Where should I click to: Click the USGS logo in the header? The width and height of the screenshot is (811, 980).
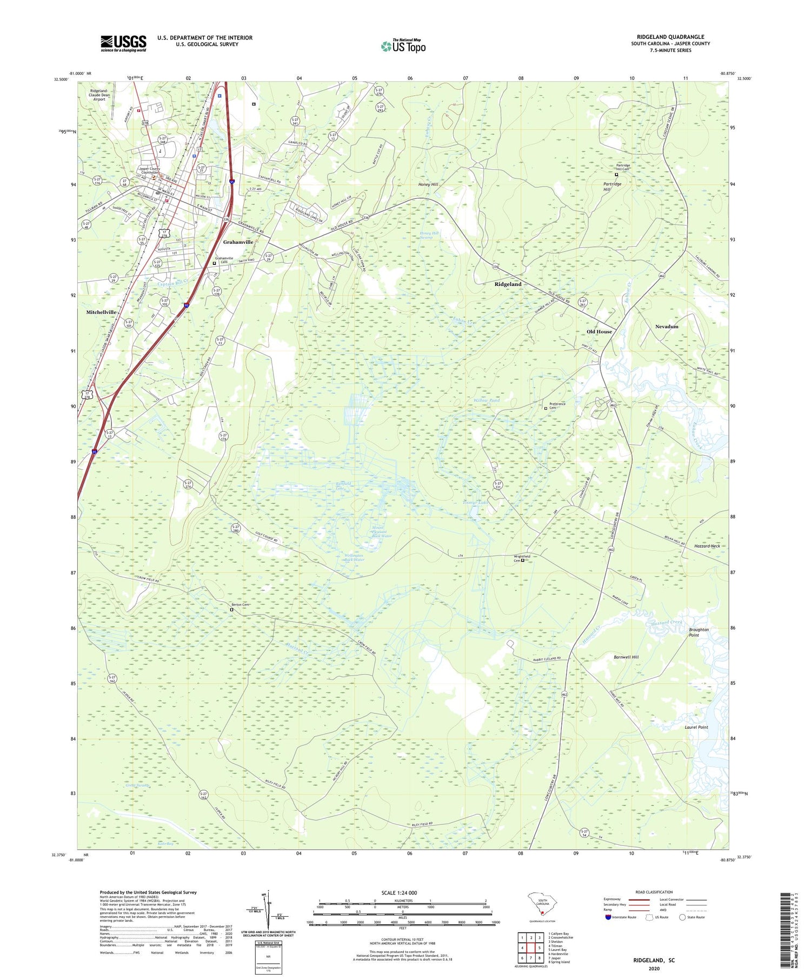click(x=123, y=43)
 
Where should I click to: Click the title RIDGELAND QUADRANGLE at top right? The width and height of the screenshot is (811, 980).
click(x=670, y=37)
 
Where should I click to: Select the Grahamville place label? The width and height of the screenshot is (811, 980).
click(x=238, y=242)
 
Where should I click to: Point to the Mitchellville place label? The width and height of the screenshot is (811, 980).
click(x=101, y=312)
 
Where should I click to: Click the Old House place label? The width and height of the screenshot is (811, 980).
click(x=599, y=331)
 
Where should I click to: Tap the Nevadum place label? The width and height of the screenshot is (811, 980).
click(x=666, y=326)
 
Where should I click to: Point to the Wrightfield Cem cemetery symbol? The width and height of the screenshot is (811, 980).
click(x=522, y=561)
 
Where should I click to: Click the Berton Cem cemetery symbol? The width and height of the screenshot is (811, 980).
click(x=232, y=610)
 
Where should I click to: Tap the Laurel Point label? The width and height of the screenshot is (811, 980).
click(x=696, y=727)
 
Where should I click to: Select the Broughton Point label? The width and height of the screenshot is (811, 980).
click(x=699, y=632)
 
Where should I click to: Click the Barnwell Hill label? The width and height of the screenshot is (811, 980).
click(x=626, y=657)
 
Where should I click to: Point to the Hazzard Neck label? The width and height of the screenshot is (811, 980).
click(x=707, y=546)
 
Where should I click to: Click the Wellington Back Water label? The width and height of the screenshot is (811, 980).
click(x=354, y=557)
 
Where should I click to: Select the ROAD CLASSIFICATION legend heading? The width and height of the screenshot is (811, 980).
click(x=654, y=892)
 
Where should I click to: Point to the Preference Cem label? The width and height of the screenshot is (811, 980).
click(x=557, y=406)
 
